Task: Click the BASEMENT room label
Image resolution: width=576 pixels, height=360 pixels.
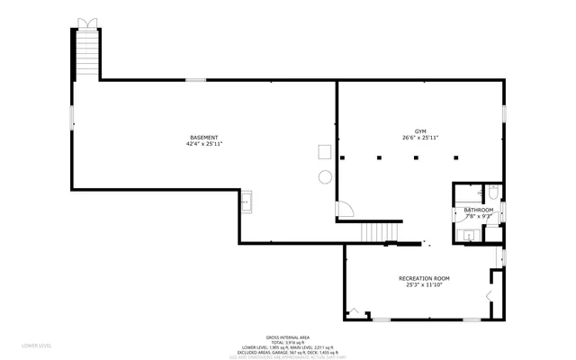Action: tap(203, 138)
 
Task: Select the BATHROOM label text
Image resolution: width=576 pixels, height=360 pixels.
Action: tap(478, 211)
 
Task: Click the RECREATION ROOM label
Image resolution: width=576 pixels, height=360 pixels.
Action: tap(424, 279)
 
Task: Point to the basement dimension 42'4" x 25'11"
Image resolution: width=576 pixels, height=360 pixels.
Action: tap(203, 144)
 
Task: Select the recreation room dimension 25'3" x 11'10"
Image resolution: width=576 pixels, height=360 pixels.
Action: tap(424, 285)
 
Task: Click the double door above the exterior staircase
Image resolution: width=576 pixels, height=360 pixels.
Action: tap(85, 22)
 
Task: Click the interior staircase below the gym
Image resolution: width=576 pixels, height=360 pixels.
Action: tap(373, 233)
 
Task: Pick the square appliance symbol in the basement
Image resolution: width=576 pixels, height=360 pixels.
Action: tap(324, 152)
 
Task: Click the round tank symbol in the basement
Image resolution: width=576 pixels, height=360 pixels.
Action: tap(325, 177)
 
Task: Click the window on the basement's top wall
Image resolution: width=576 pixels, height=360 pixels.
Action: tap(196, 80)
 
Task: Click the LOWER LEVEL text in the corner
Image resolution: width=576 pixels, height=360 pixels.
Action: tap(36, 345)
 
